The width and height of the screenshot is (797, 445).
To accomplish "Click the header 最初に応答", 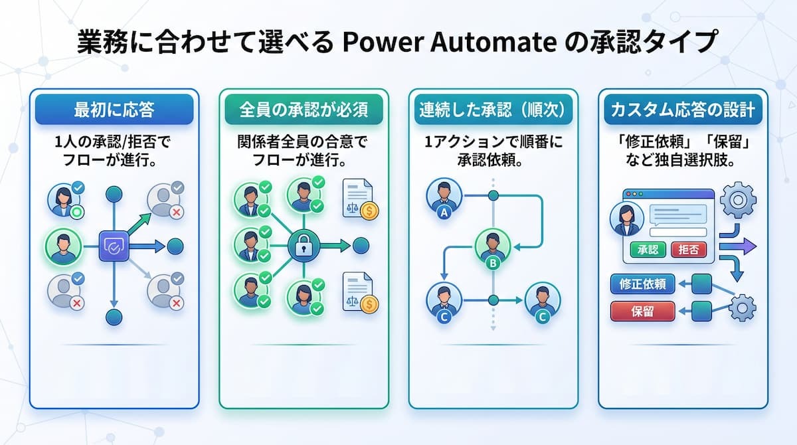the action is click(x=114, y=109).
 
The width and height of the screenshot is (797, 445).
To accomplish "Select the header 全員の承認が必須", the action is click(x=304, y=109).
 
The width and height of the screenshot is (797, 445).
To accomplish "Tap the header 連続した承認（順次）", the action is click(x=493, y=109).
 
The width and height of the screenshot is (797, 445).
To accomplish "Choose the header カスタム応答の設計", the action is click(x=683, y=109).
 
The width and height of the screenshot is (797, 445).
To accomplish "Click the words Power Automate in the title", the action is click(x=450, y=43).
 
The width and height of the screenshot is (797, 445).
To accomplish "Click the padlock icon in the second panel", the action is click(x=304, y=246).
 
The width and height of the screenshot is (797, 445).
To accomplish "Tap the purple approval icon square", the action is click(x=114, y=246).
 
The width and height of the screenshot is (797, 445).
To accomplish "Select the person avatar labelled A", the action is click(x=444, y=197).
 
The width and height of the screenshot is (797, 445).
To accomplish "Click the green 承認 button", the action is click(x=648, y=250).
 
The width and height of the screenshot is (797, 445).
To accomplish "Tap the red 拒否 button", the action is click(x=689, y=250).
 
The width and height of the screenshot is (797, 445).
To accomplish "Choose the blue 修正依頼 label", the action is click(x=643, y=284).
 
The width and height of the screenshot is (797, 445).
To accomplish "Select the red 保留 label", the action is click(x=643, y=311).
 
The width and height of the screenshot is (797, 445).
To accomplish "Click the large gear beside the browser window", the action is click(x=739, y=200).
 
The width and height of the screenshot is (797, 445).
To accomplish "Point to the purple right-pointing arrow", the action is click(x=738, y=246).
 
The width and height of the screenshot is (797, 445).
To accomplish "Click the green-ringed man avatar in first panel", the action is click(x=63, y=247).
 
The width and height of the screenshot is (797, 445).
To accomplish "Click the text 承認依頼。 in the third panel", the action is click(x=490, y=161).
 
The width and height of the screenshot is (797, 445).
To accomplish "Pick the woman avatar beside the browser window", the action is click(x=626, y=219).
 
